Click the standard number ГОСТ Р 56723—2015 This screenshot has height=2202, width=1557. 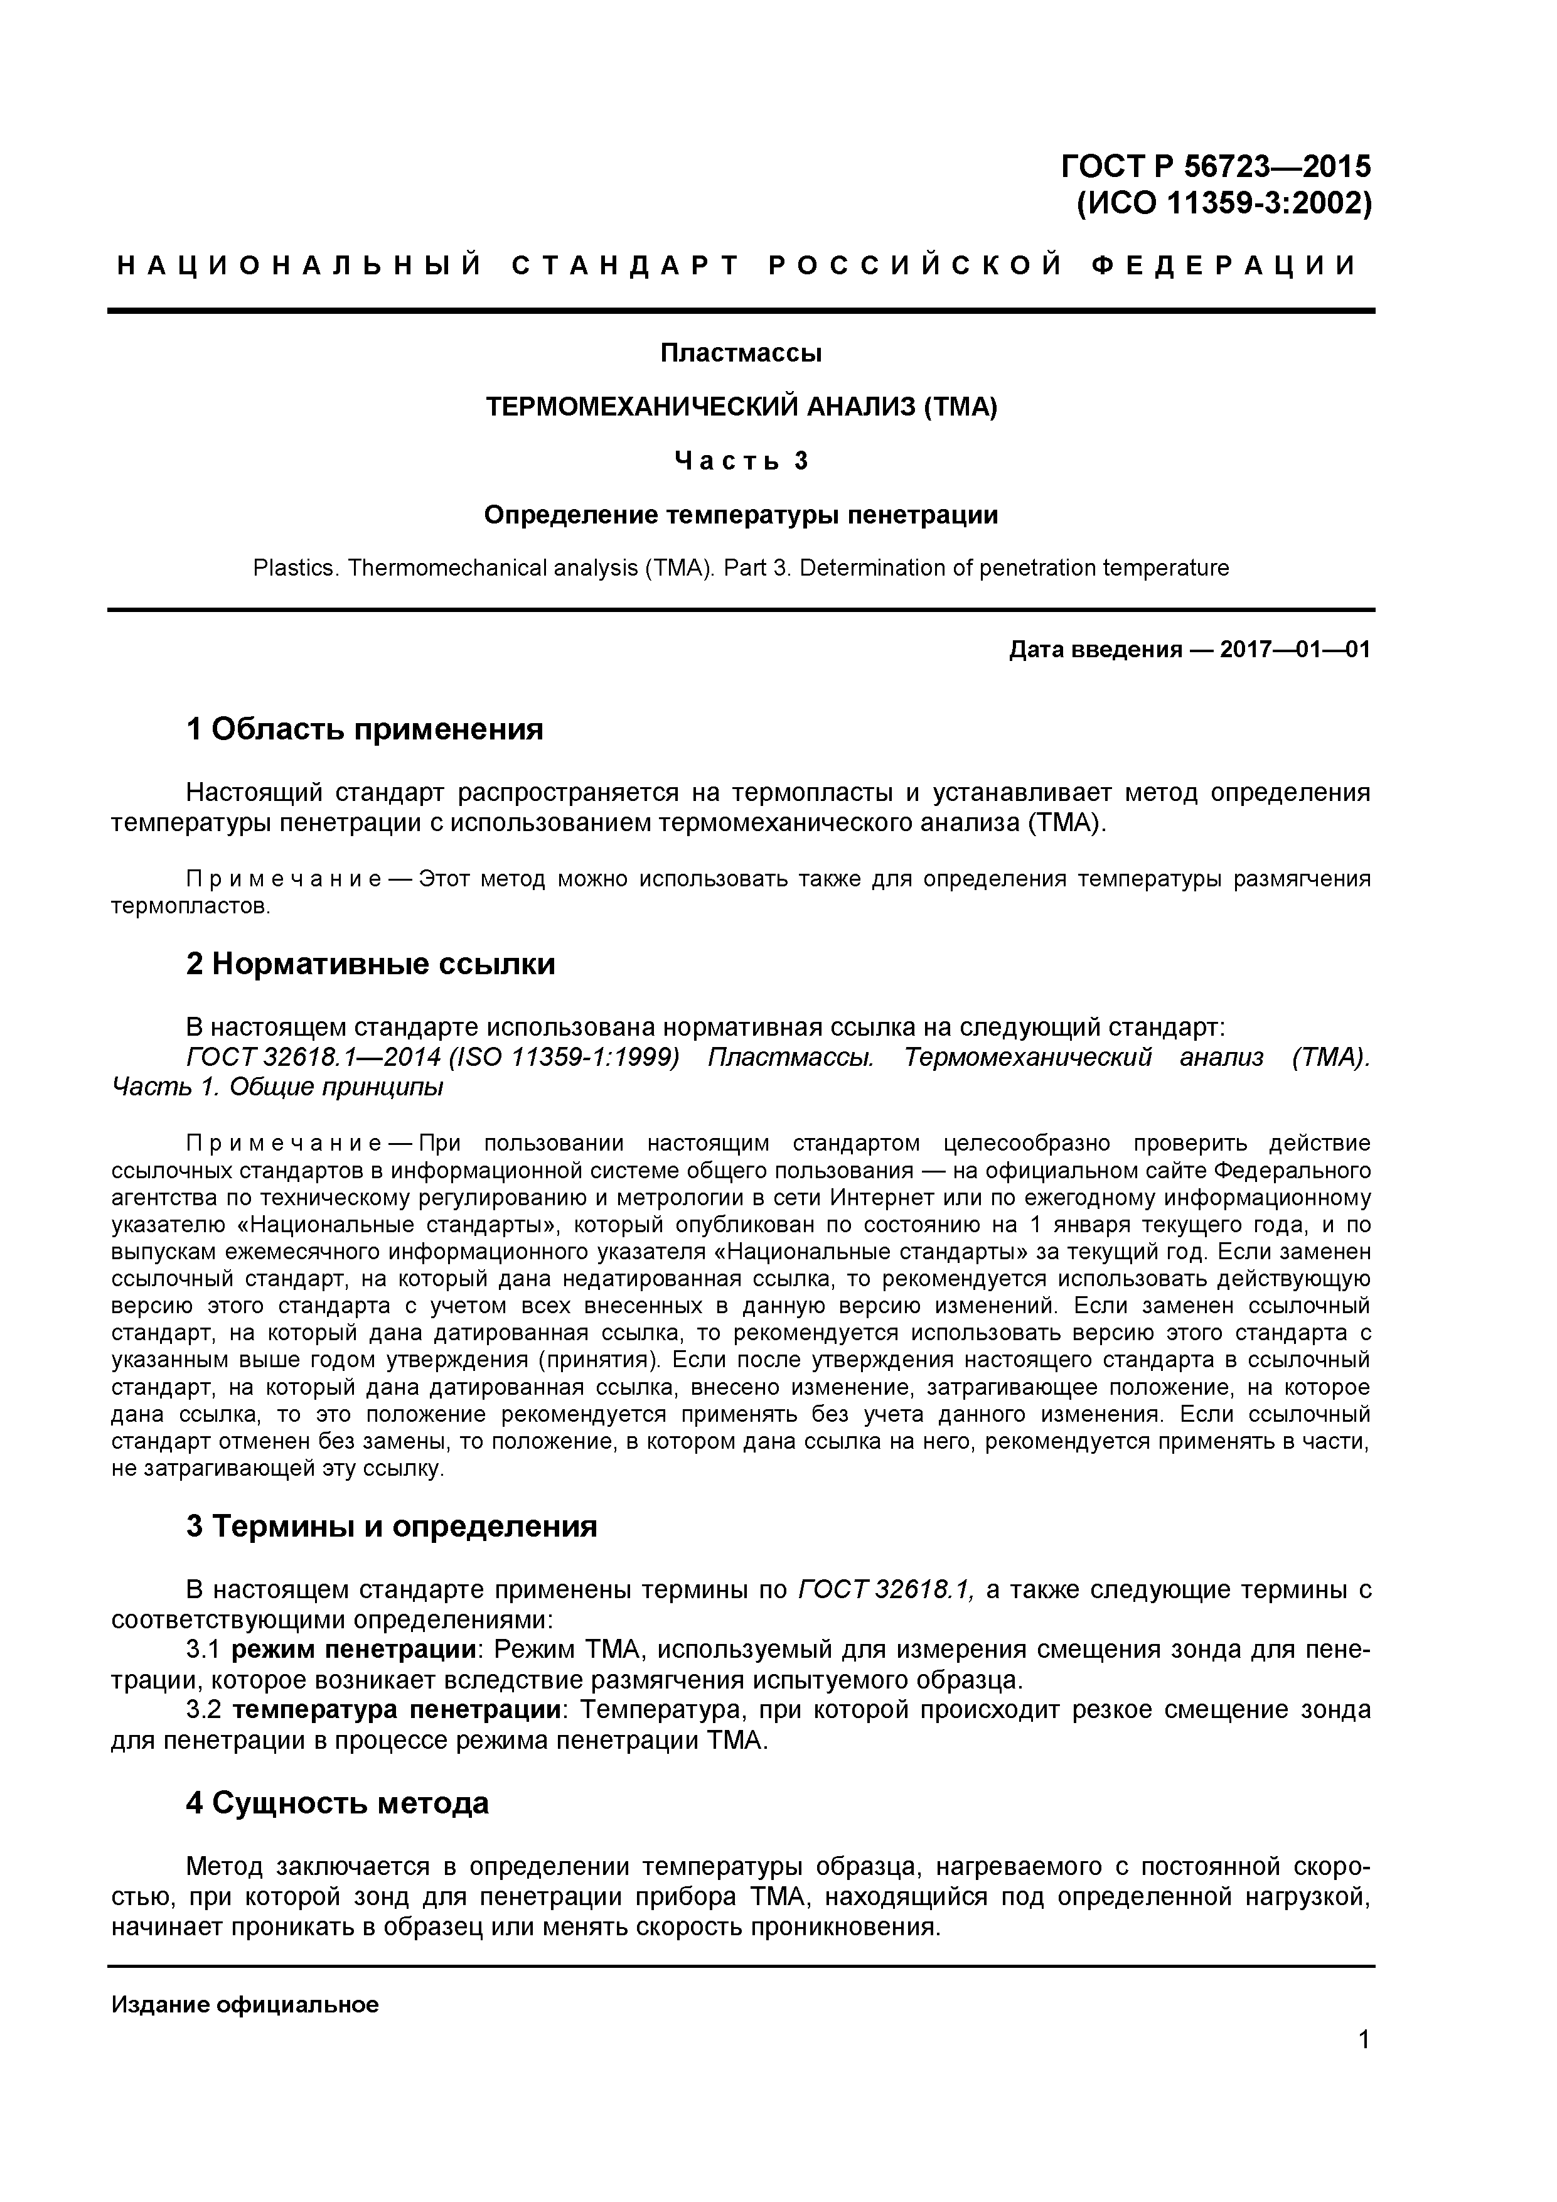tap(1215, 167)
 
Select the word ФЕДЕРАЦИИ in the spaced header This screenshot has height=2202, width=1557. tap(1224, 266)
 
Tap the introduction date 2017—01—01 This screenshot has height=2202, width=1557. tap(1294, 650)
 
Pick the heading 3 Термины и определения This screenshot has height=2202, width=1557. tap(391, 1526)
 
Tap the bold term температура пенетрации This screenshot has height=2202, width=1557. tap(397, 1710)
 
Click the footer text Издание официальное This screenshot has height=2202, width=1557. tap(245, 2004)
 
